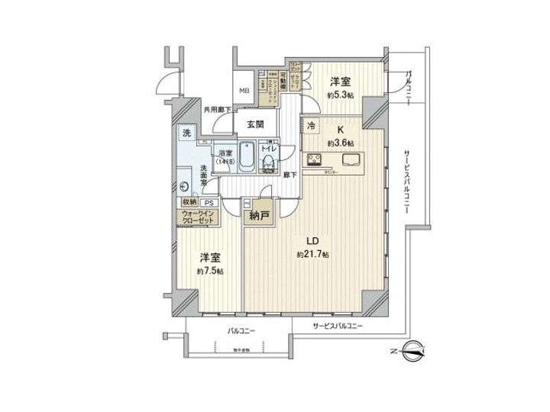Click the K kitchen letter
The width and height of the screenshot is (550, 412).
click(x=332, y=130)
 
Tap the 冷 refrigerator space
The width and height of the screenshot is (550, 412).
click(x=312, y=124)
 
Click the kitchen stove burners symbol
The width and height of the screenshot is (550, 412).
click(x=314, y=160)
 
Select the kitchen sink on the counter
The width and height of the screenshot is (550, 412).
click(x=353, y=159)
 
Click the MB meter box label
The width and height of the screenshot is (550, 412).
click(x=244, y=92)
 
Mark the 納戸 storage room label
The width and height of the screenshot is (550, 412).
click(x=260, y=216)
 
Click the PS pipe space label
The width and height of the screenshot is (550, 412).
click(x=209, y=202)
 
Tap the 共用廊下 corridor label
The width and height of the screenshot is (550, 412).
click(x=217, y=109)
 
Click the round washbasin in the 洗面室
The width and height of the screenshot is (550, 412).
click(x=185, y=185)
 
